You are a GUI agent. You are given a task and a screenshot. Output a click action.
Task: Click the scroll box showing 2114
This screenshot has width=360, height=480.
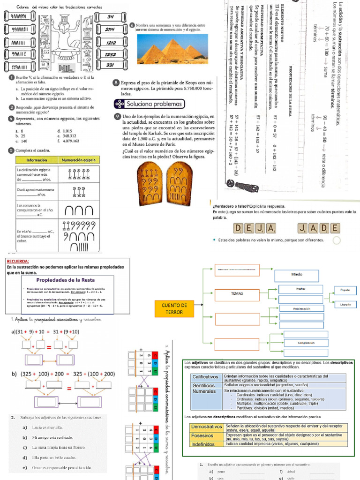111,30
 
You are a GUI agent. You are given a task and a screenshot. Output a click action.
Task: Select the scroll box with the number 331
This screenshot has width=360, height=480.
111,65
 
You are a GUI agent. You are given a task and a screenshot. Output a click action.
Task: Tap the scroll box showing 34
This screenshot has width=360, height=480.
111,17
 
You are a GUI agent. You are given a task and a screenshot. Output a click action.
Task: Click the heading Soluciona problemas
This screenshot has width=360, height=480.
149,104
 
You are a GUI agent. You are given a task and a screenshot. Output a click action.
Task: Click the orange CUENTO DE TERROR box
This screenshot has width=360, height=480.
174,308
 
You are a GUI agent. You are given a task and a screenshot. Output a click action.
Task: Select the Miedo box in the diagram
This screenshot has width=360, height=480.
297,274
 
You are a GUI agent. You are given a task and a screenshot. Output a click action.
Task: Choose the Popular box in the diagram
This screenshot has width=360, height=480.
345,290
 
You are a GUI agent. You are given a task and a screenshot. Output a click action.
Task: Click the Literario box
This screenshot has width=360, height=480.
345,305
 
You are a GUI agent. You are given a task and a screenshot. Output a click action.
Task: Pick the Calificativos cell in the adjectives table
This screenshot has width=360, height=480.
206,377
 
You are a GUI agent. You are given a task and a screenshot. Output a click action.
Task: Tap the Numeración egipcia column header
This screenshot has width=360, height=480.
79,160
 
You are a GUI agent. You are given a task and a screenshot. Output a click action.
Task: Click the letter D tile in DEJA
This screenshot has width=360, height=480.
239,228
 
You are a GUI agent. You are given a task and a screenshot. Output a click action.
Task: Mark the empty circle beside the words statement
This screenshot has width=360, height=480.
336,240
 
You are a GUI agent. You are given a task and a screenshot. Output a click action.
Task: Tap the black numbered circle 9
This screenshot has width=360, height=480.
116,116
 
